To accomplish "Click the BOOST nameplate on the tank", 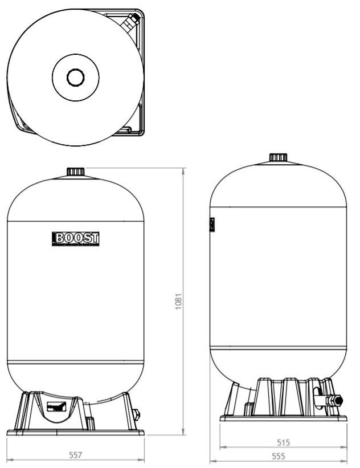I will tap(75, 239).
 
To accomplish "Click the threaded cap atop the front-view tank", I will tap(75, 172).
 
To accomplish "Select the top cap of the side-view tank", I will tap(278, 157).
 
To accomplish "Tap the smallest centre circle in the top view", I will tap(75, 77).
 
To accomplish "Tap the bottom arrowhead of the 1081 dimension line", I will tap(183, 433).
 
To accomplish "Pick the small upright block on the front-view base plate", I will tap(90, 422).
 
